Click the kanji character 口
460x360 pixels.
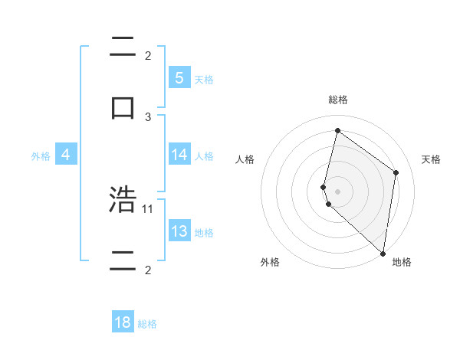point(123,106)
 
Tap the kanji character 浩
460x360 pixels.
point(123,200)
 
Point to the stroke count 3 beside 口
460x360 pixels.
point(148,116)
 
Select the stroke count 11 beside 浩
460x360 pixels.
point(148,208)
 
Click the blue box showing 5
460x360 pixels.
point(179,77)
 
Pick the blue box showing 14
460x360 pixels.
point(179,155)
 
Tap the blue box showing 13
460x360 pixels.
point(179,231)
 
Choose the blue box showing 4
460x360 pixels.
point(66,155)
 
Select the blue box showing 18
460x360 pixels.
point(123,322)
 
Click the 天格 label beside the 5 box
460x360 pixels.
point(204,79)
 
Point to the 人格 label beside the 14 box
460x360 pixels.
point(204,155)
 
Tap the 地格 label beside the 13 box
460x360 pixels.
point(204,232)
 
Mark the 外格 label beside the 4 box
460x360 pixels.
point(41,155)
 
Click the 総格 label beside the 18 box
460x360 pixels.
point(147,324)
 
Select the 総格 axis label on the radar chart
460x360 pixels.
point(337,100)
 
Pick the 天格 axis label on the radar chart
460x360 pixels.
point(431,159)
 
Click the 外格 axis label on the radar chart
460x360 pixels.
point(270,262)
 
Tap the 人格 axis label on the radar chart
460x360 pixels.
point(245,159)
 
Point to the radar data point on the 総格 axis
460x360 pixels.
point(337,130)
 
